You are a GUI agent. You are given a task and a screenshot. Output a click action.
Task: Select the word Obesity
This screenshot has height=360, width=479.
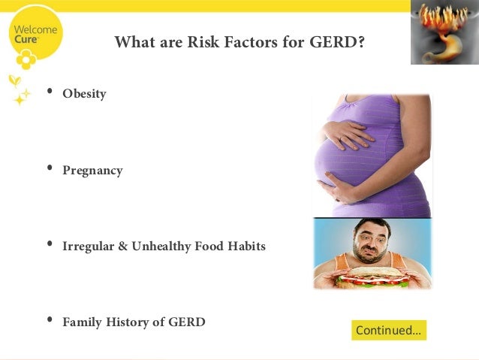[84, 94]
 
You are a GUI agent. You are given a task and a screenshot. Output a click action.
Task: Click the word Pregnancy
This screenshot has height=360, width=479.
[92, 171]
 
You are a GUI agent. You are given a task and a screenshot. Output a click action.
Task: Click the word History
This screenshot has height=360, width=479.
[134, 322]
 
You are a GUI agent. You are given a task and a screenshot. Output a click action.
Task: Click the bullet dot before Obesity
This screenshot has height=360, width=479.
[50, 92]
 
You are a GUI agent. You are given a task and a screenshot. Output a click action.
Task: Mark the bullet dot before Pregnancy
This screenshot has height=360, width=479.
[50, 169]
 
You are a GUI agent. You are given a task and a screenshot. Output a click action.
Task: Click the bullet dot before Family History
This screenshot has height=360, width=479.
[50, 320]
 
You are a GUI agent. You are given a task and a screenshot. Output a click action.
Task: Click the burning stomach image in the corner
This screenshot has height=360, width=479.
[444, 32]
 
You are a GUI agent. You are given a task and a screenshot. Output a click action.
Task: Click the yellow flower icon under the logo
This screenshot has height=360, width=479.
[26, 59]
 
